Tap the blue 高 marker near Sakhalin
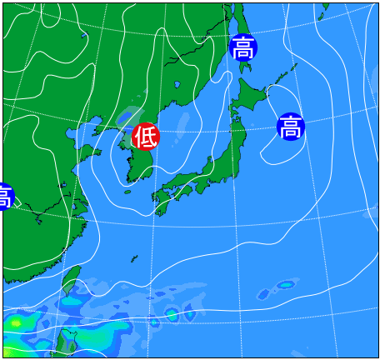click(243, 47)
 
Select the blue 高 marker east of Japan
click(291, 127)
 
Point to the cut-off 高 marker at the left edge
click(4, 197)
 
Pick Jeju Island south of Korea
click(127, 191)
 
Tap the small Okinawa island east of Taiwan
click(154, 322)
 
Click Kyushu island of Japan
click(159, 197)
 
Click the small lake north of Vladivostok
click(177, 85)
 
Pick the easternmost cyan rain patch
click(287, 285)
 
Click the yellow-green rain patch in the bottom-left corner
click(15, 321)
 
